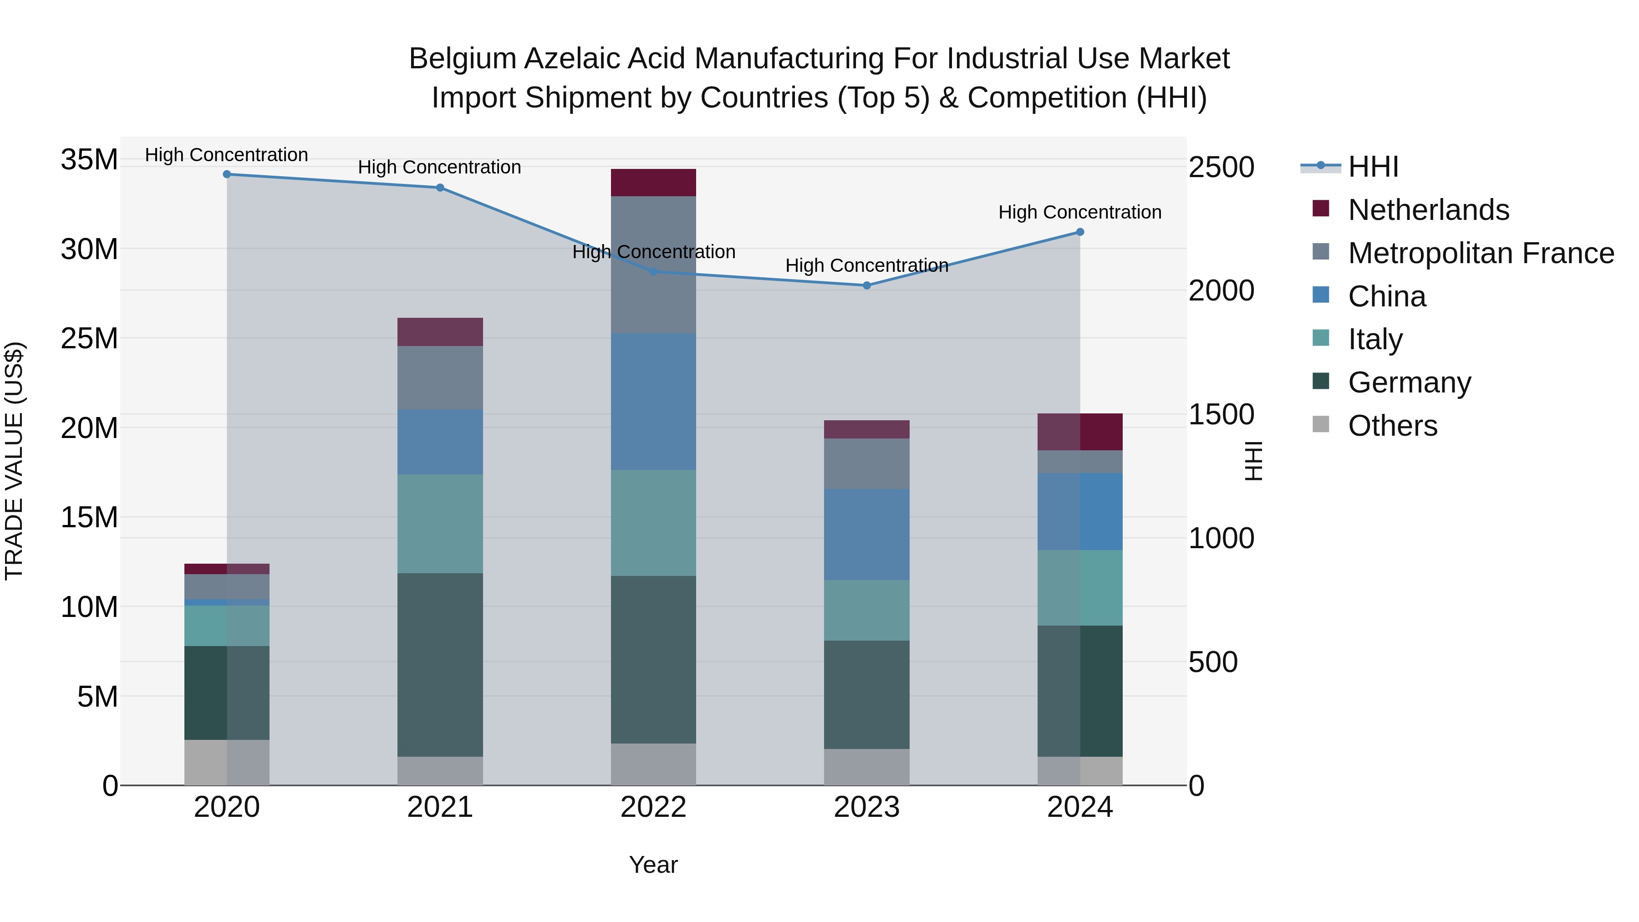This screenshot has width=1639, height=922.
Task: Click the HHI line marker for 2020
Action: click(227, 174)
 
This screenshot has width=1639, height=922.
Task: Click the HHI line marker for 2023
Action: click(866, 285)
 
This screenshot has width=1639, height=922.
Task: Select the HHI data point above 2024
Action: click(1080, 232)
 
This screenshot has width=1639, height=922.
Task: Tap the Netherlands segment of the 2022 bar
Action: click(653, 183)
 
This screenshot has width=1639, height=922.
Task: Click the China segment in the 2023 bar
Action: click(866, 535)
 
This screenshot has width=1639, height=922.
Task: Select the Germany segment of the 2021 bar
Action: click(440, 665)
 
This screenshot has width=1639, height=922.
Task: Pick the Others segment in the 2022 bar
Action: click(653, 764)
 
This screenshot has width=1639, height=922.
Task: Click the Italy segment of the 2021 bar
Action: click(440, 524)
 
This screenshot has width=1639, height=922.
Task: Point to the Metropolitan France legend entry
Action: click(1481, 253)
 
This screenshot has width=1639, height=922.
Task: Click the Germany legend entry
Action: click(1409, 382)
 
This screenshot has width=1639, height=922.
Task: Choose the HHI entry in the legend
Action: click(1373, 167)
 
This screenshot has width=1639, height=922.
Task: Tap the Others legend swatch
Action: click(1321, 424)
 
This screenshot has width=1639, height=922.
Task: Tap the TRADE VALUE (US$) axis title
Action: click(14, 461)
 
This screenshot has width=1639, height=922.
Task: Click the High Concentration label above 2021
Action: click(440, 168)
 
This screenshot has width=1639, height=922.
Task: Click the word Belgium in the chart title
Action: click(463, 59)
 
